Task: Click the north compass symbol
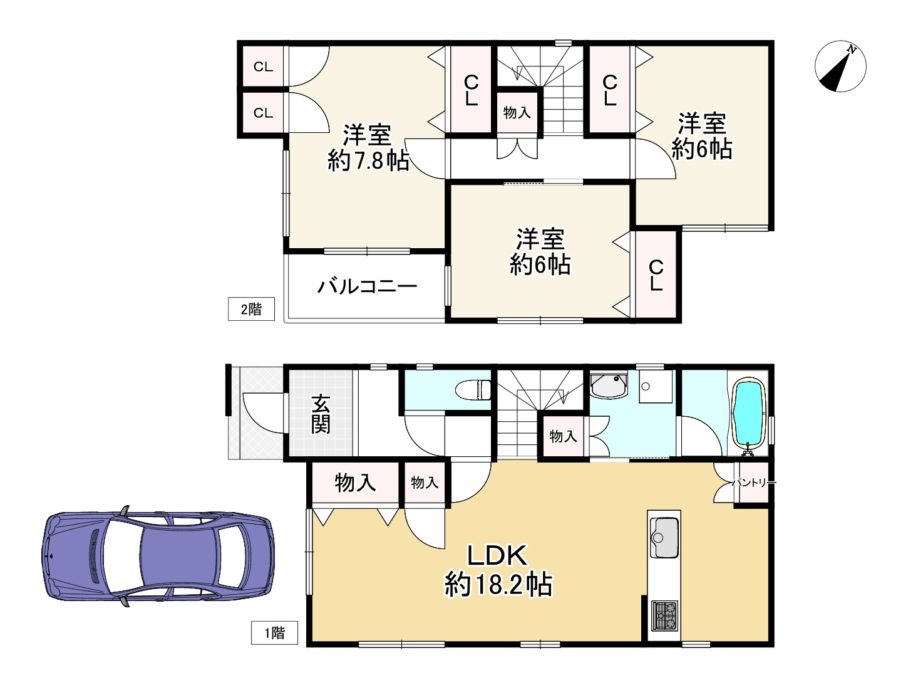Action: coord(840,66)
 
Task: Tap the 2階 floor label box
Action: coord(250,309)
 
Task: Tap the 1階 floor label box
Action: coord(274,632)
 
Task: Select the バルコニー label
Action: coord(367,287)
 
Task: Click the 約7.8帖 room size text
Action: coord(368,161)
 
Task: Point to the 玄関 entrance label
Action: coord(321,414)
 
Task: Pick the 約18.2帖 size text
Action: coord(498,585)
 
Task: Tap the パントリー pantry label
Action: coord(754,483)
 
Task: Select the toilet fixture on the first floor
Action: coord(474,389)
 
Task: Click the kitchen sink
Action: coord(664,536)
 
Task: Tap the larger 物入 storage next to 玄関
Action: coord(355,483)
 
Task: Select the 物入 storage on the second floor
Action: coord(517,113)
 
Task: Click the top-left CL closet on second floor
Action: coord(264,66)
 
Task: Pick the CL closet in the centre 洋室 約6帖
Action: coord(656,276)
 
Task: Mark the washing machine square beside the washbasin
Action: coord(655,387)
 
